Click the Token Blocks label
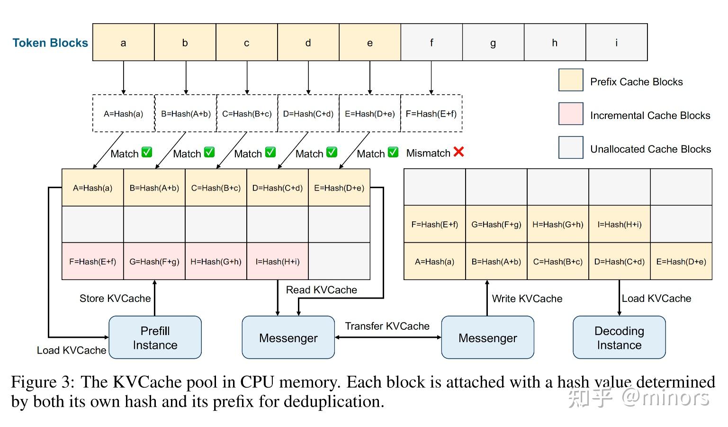click(50, 43)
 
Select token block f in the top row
click(431, 43)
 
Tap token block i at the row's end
click(616, 43)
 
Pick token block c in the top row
click(247, 43)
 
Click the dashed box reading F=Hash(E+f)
click(431, 114)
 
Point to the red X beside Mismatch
click(458, 152)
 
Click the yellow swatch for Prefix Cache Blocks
click(571, 80)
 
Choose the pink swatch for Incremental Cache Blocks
click(571, 114)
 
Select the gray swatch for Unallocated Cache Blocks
click(571, 147)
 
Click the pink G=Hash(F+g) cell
click(154, 262)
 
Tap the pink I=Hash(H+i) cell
click(278, 262)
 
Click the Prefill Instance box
click(155, 338)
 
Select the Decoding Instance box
click(619, 338)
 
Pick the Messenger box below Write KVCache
click(487, 338)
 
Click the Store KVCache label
click(115, 299)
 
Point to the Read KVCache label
click(322, 290)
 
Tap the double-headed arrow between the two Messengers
click(388, 337)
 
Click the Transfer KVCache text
click(387, 326)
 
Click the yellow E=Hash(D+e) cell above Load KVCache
click(681, 262)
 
